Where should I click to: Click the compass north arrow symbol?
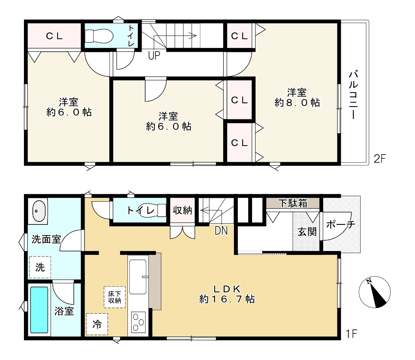(374, 292)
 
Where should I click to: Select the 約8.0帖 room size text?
(297, 102)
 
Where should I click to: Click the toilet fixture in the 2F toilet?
(99, 36)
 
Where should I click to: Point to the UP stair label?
(154, 55)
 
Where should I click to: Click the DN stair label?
(221, 231)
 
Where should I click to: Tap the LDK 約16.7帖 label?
(227, 294)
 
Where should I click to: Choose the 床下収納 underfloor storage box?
(115, 297)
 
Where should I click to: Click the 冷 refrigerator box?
(97, 324)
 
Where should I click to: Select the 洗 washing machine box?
(40, 267)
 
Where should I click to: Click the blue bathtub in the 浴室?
(39, 310)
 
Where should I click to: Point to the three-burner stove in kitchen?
(139, 323)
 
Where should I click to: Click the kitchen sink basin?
(138, 277)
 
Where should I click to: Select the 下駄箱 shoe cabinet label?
(293, 203)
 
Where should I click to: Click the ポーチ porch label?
(340, 225)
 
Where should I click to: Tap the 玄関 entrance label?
(307, 232)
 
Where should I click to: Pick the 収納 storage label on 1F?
(182, 211)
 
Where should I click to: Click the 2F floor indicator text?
(380, 159)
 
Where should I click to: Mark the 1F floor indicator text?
(352, 334)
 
